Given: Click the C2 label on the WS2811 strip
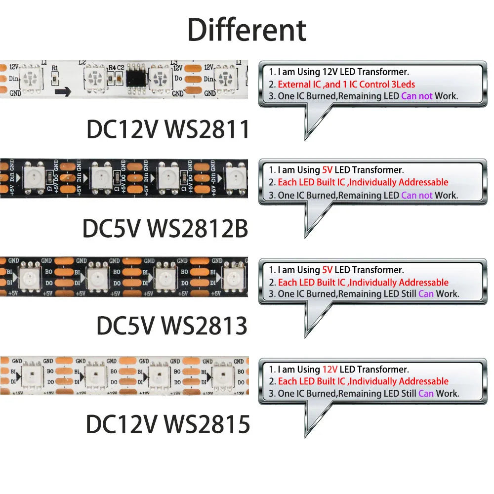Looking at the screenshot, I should pyautogui.click(x=121, y=67).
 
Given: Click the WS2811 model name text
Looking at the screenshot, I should pyautogui.click(x=206, y=129).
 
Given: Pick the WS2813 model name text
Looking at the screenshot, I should pyautogui.click(x=205, y=326).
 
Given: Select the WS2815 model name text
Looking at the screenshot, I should pyautogui.click(x=206, y=424).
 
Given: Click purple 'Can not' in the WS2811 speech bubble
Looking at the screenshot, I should pyautogui.click(x=416, y=96).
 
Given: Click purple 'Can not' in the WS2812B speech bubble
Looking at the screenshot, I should pyautogui.click(x=416, y=195).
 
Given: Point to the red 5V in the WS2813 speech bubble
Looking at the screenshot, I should pyautogui.click(x=327, y=270).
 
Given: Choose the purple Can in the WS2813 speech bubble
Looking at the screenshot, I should pyautogui.click(x=426, y=294).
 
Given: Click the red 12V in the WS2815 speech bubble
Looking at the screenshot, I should pyautogui.click(x=329, y=369).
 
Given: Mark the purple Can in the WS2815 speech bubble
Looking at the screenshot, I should pyautogui.click(x=426, y=393).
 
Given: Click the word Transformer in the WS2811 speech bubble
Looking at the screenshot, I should pyautogui.click(x=385, y=72).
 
